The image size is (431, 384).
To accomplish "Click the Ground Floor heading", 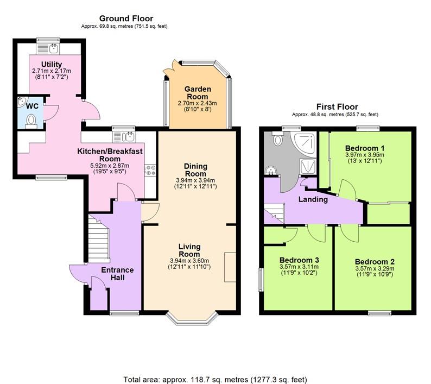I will [x=126, y=18].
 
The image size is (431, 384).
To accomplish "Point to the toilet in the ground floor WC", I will [x=31, y=120].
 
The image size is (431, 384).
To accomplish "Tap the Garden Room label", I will [x=197, y=89].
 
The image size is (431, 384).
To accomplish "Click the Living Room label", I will [x=189, y=250].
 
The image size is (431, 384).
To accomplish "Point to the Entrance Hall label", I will [x=117, y=273].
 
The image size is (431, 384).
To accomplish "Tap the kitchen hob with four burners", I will [x=149, y=170].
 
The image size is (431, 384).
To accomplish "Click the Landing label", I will [x=313, y=199].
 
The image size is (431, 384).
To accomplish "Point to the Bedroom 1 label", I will [x=365, y=148].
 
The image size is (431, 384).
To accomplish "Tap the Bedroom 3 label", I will [x=296, y=260].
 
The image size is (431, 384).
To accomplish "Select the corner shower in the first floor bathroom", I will [x=307, y=142].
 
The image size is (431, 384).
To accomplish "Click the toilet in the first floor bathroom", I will [x=278, y=140].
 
